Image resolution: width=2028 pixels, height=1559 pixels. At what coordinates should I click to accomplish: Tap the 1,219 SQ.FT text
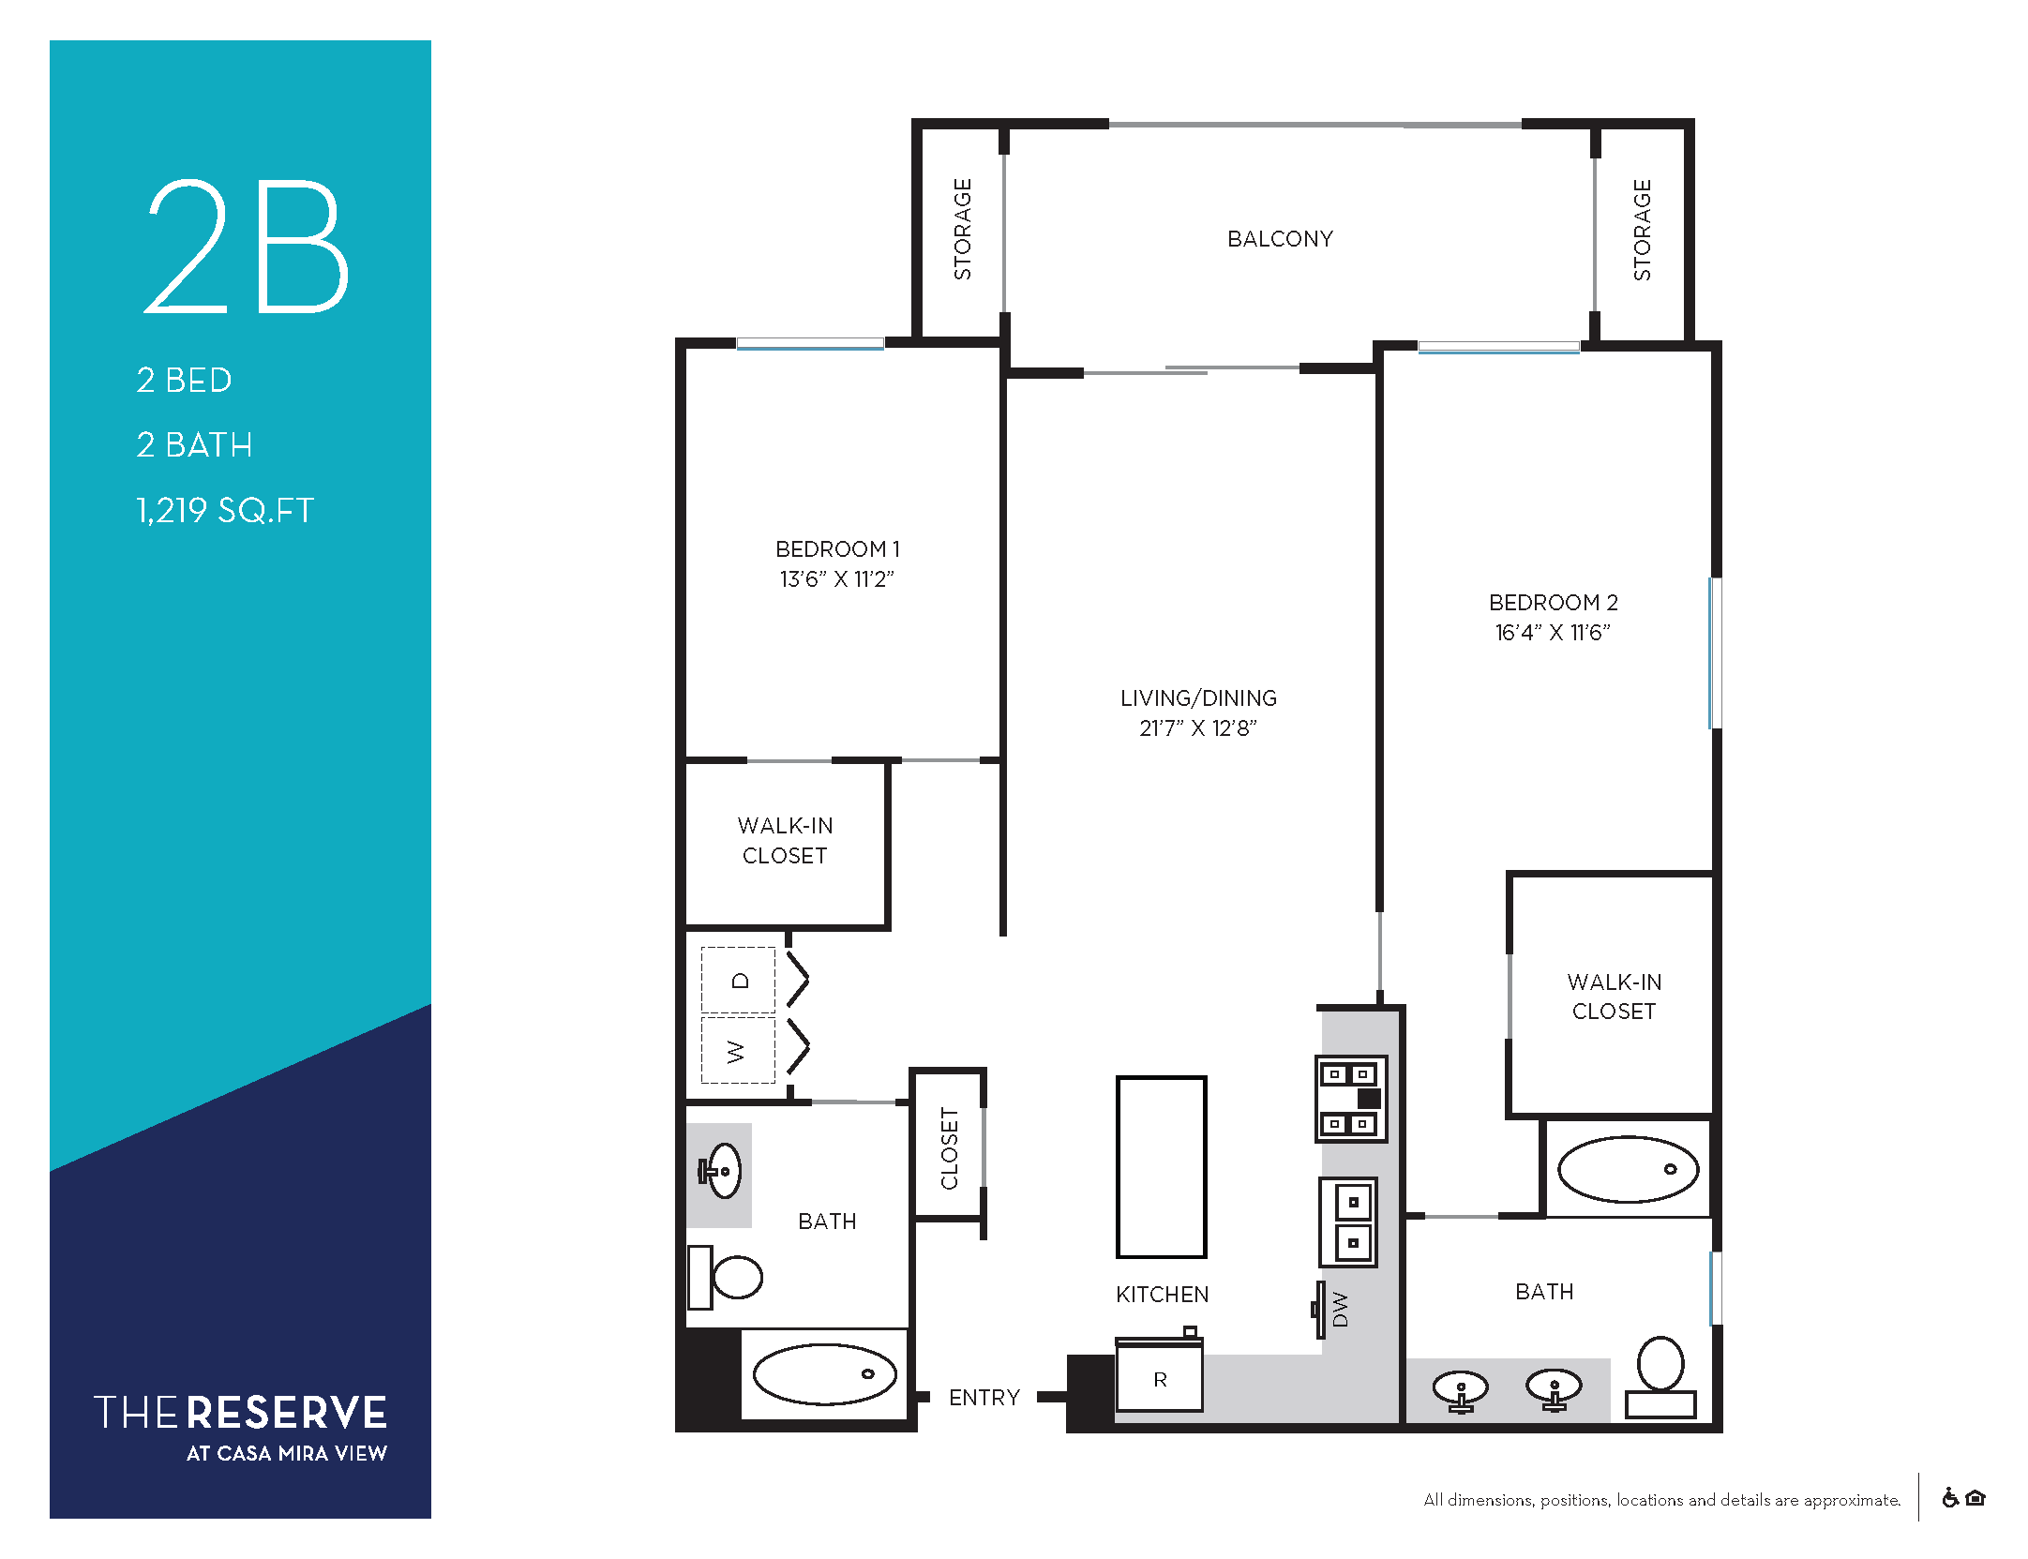pos(225,510)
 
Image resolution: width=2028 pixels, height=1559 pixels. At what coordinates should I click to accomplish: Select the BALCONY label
pos(1280,239)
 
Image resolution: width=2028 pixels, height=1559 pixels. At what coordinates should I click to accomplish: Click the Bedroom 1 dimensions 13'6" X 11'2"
pos(836,579)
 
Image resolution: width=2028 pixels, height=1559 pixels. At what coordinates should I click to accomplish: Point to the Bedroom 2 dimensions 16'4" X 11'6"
pos(1553,633)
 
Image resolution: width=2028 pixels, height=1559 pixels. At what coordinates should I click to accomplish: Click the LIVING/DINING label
pos(1198,697)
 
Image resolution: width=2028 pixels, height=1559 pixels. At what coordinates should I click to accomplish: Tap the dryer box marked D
pos(739,981)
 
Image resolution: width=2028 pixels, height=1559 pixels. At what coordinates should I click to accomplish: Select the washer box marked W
pos(739,1051)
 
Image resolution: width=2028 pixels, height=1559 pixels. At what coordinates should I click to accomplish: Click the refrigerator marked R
pos(1159,1375)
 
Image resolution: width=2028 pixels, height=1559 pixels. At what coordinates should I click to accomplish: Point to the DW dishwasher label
pos(1340,1309)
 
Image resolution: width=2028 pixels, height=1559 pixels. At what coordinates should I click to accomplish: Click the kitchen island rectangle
pos(1161,1166)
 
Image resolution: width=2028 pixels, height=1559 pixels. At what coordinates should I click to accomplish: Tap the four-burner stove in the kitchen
pos(1350,1099)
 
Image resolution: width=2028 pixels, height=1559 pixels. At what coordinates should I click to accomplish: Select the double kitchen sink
pos(1348,1222)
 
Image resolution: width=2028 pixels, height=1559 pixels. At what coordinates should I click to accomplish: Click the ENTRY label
pos(984,1398)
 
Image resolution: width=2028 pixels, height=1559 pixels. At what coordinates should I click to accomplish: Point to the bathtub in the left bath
pos(824,1374)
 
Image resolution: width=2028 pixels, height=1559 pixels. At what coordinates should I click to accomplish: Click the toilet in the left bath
pos(725,1276)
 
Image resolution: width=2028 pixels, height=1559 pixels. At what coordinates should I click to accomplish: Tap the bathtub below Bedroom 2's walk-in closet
pos(1628,1169)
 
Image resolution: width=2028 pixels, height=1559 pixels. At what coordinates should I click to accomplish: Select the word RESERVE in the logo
pos(287,1413)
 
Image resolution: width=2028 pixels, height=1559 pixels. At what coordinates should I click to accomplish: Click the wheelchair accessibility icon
pos(1950,1498)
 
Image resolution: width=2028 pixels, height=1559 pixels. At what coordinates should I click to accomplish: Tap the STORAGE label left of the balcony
pos(963,229)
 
